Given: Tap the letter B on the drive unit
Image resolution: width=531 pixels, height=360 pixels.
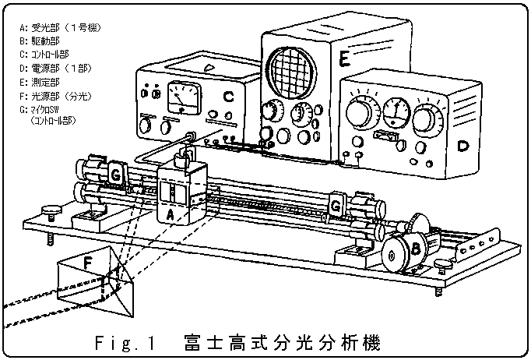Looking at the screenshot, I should coord(417,249).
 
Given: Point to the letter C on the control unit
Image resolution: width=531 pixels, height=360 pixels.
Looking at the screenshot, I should coord(228,96).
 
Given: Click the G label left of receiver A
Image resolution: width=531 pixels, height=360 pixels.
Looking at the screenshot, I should coord(114,172).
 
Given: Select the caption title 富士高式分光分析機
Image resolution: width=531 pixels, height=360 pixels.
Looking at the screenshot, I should coord(283,342).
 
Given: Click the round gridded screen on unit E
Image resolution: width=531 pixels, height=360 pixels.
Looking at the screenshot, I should coord(292,70).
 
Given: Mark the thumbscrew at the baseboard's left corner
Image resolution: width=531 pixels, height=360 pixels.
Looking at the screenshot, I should coord(52,210).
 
